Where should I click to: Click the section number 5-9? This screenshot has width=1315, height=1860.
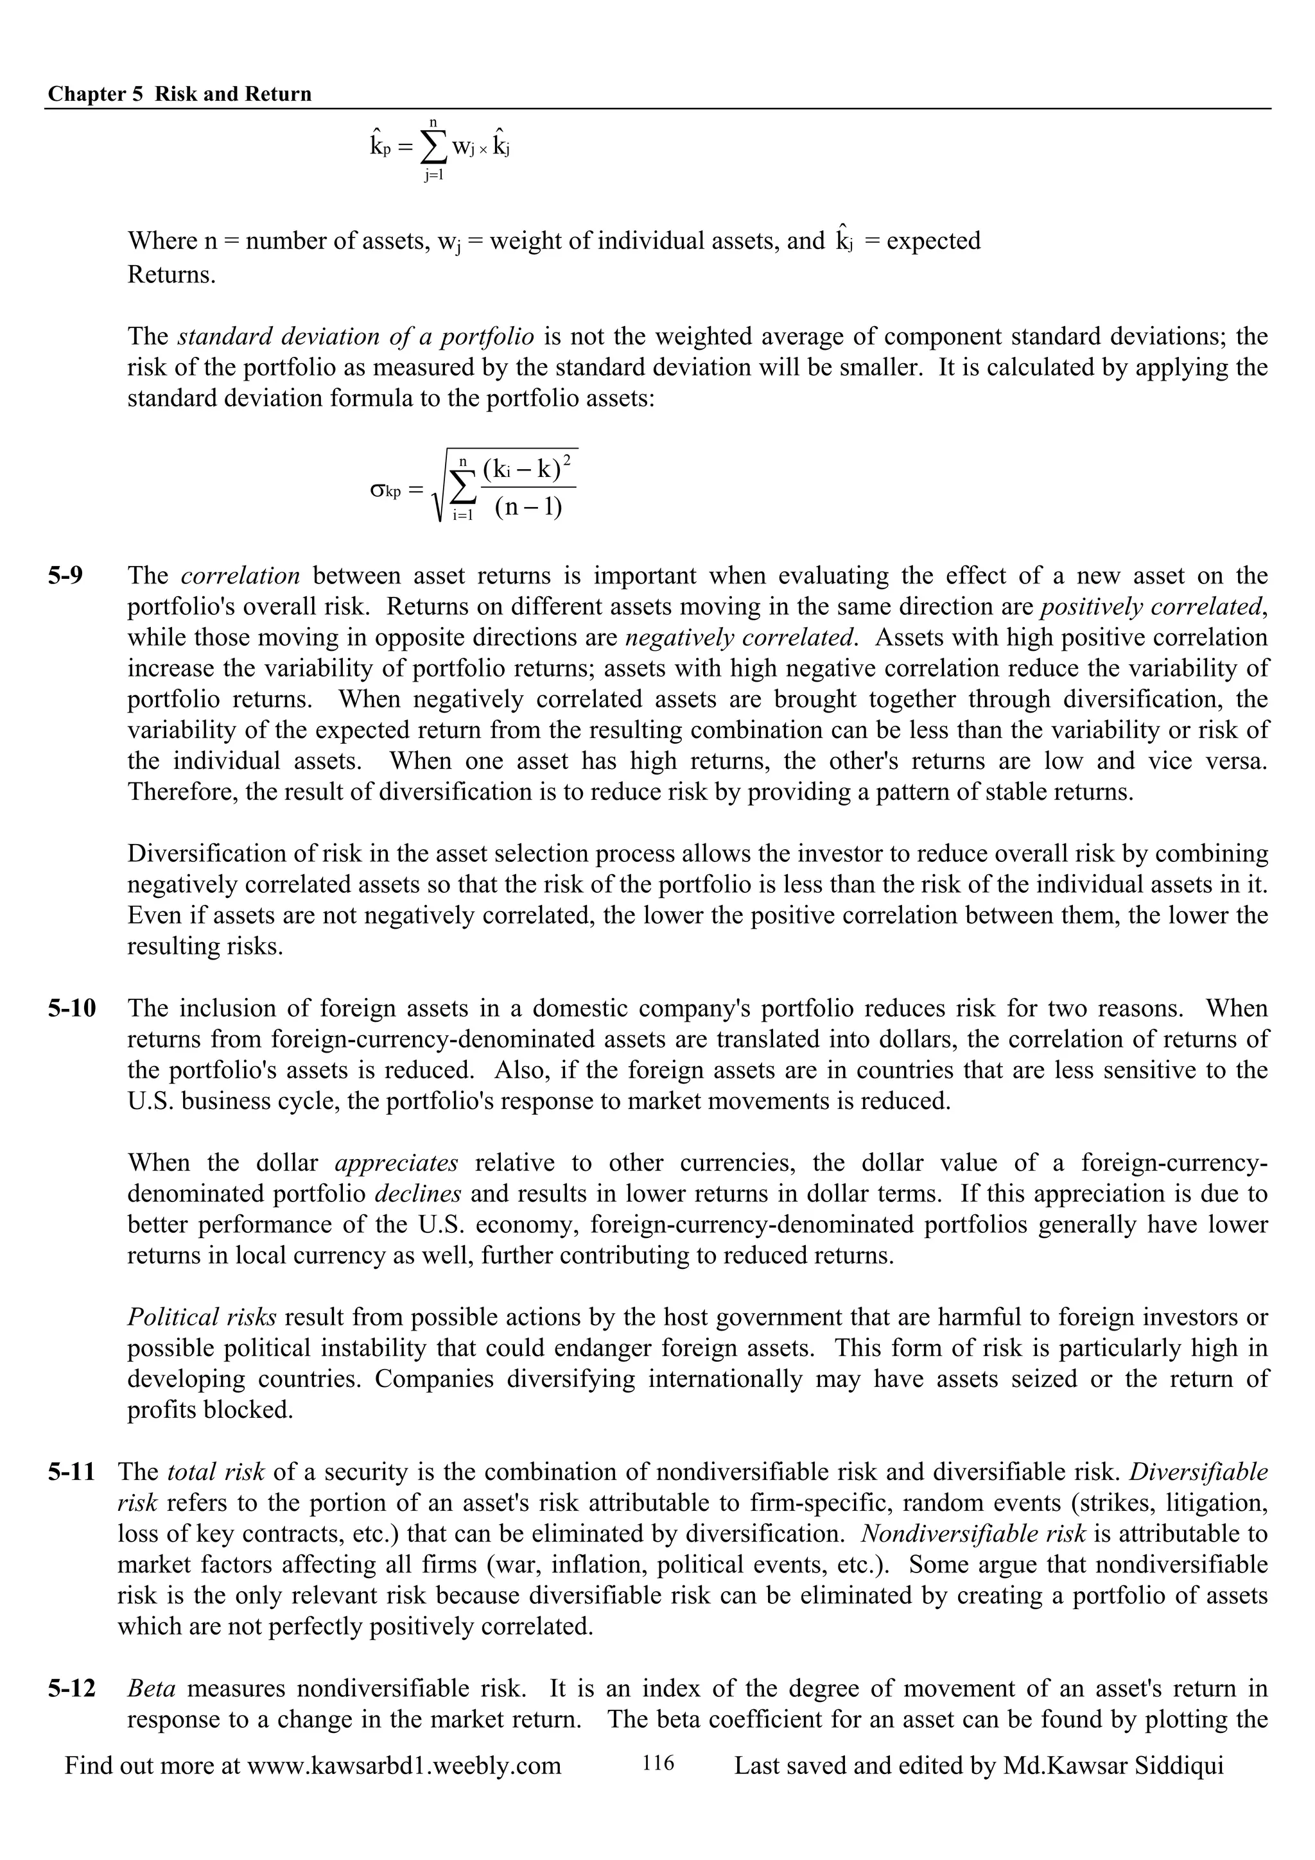[x=65, y=576]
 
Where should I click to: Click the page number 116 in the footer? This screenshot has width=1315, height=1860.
[x=658, y=1764]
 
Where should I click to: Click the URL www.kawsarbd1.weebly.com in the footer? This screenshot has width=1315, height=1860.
[x=403, y=1766]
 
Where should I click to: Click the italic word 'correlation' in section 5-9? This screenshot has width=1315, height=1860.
[x=240, y=576]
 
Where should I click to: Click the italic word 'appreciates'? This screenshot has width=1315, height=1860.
[x=396, y=1164]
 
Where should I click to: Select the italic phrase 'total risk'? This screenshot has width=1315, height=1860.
[x=216, y=1472]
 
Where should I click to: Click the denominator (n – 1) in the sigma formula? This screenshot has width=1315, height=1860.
[x=527, y=509]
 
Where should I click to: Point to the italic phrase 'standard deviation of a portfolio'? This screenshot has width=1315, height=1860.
[x=356, y=336]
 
